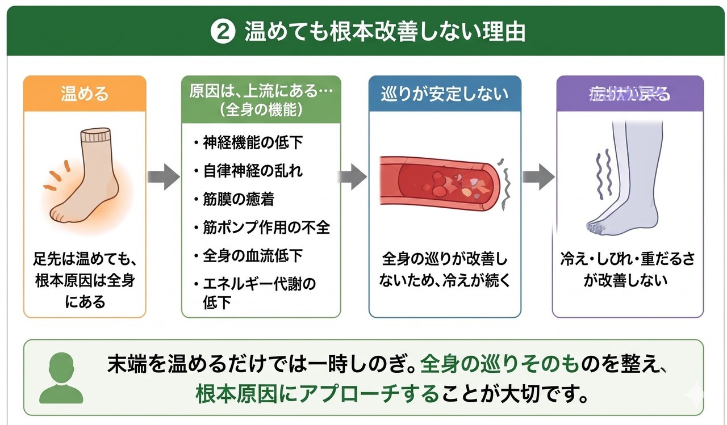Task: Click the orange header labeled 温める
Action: [x=85, y=93]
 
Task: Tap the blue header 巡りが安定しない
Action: [x=445, y=93]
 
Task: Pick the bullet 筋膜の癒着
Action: [x=239, y=199]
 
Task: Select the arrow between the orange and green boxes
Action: [x=164, y=176]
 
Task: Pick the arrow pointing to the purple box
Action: [x=537, y=176]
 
